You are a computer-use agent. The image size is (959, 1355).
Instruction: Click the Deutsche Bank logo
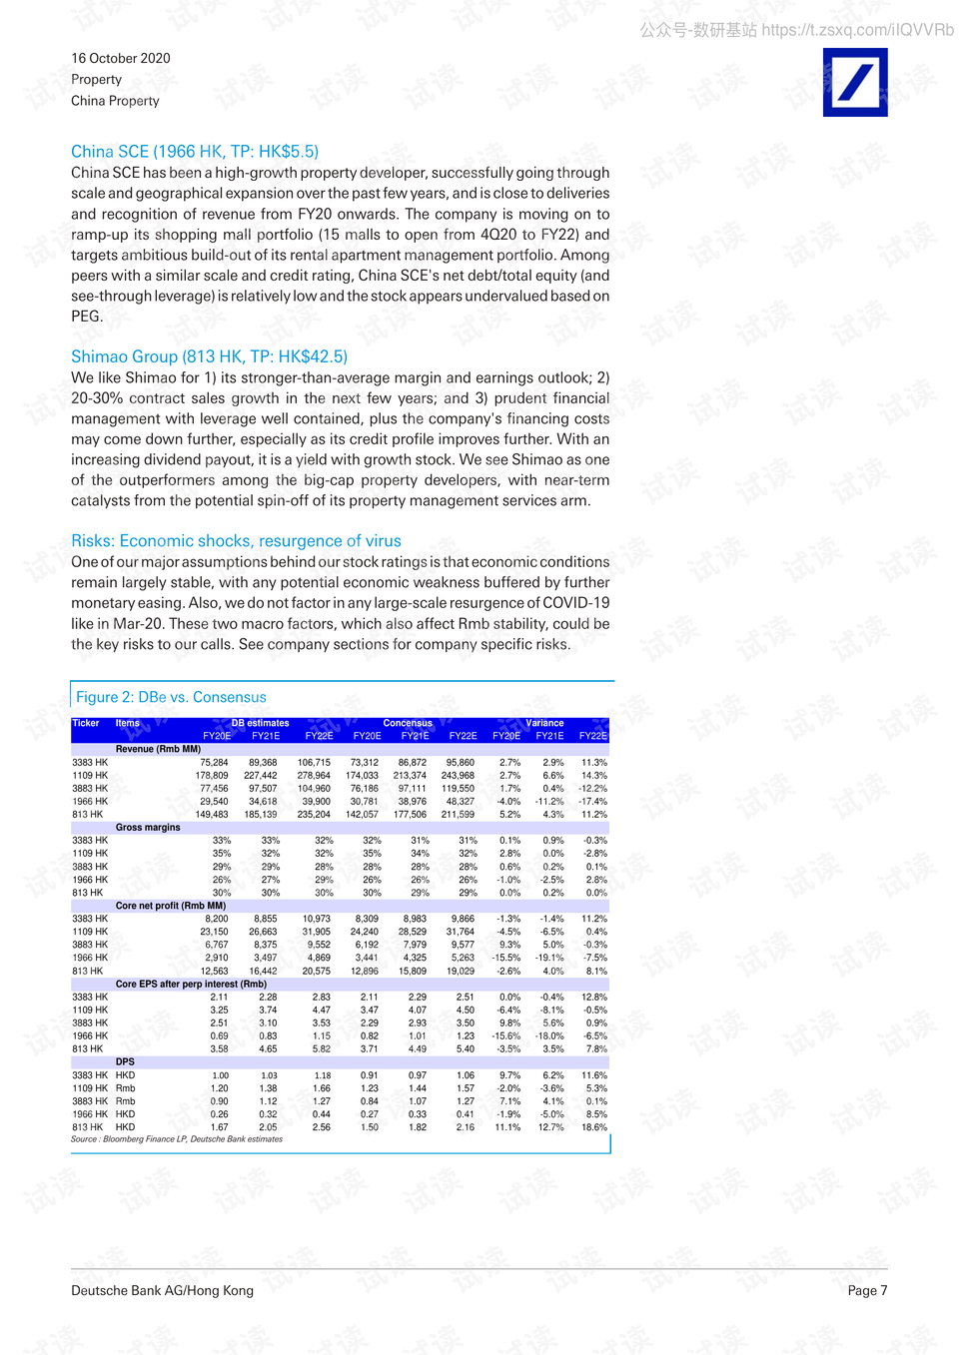[855, 83]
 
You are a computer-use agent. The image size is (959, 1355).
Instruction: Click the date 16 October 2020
[121, 58]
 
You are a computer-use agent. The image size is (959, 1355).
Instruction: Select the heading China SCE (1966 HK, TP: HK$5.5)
[195, 152]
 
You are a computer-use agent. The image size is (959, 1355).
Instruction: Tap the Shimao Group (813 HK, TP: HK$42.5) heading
[209, 356]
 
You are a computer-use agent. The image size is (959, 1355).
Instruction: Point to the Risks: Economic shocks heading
[236, 541]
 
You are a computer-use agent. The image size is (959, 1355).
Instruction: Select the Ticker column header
[86, 723]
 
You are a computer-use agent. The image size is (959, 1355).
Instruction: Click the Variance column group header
[544, 723]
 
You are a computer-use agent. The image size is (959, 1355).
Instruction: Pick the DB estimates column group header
[260, 723]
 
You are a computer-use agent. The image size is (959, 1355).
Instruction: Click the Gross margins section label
[148, 828]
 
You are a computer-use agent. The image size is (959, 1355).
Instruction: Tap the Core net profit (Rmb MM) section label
[171, 906]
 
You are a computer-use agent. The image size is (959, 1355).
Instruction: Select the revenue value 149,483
[212, 815]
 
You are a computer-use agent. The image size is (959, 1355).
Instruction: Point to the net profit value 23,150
[214, 932]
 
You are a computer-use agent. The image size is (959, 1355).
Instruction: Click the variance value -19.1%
[549, 958]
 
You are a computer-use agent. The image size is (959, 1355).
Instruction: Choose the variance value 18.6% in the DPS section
[595, 1127]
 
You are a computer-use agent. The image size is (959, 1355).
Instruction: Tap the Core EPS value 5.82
[321, 1049]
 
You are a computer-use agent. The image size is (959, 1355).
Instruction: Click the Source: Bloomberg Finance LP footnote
[177, 1139]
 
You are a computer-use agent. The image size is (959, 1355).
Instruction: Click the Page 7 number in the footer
[867, 1290]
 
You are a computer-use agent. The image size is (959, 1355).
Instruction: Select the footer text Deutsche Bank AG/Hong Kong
[162, 1290]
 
